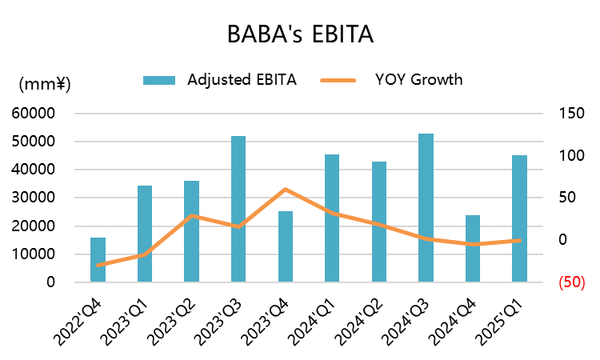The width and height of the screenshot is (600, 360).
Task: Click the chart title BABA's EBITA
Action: pos(300,34)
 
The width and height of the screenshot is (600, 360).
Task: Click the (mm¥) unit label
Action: pos(45,83)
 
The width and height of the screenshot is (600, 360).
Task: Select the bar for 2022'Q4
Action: pos(98,260)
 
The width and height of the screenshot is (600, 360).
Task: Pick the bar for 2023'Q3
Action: pos(238,209)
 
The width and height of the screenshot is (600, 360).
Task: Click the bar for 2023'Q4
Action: pos(286,246)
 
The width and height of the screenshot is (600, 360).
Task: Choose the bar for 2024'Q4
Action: pos(473,249)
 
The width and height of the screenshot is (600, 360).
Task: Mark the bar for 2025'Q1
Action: pos(519,218)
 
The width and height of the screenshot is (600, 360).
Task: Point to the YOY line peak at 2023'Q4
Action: pos(286,190)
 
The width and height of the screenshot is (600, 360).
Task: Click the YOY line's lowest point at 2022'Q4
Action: pos(98,265)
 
